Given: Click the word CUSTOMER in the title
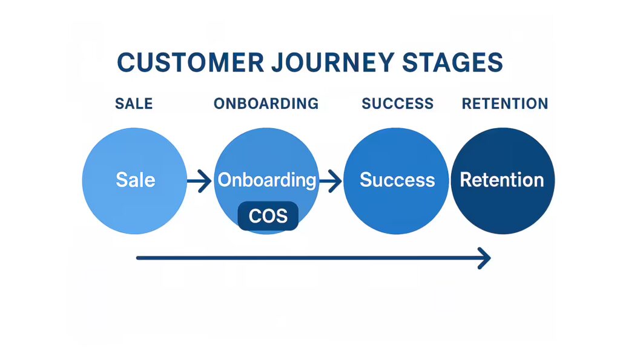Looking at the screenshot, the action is click(191, 62).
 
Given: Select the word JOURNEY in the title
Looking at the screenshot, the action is click(333, 62).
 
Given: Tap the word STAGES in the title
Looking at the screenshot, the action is click(453, 62).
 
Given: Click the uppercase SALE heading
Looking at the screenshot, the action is click(134, 103).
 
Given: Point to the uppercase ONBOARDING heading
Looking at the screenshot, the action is click(266, 103).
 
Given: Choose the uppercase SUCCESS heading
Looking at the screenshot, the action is click(397, 103).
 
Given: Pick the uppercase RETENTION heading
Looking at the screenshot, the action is click(505, 103).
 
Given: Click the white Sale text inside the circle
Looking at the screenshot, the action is click(136, 180).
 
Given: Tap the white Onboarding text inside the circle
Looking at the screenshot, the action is click(267, 180).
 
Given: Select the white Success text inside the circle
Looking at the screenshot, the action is click(397, 180).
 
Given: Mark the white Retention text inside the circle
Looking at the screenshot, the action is click(502, 180).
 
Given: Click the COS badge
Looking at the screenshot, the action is click(268, 216).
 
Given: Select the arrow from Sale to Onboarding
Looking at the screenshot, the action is click(199, 181).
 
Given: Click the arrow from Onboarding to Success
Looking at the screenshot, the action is click(331, 181).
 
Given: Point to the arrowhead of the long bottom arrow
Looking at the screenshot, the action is click(490, 258).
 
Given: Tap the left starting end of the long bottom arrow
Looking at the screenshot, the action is click(137, 258).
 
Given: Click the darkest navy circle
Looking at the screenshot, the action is click(503, 180).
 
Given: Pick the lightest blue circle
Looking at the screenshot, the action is click(134, 180).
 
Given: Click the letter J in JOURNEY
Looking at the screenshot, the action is click(279, 62).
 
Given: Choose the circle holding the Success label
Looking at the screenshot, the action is click(396, 180).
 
